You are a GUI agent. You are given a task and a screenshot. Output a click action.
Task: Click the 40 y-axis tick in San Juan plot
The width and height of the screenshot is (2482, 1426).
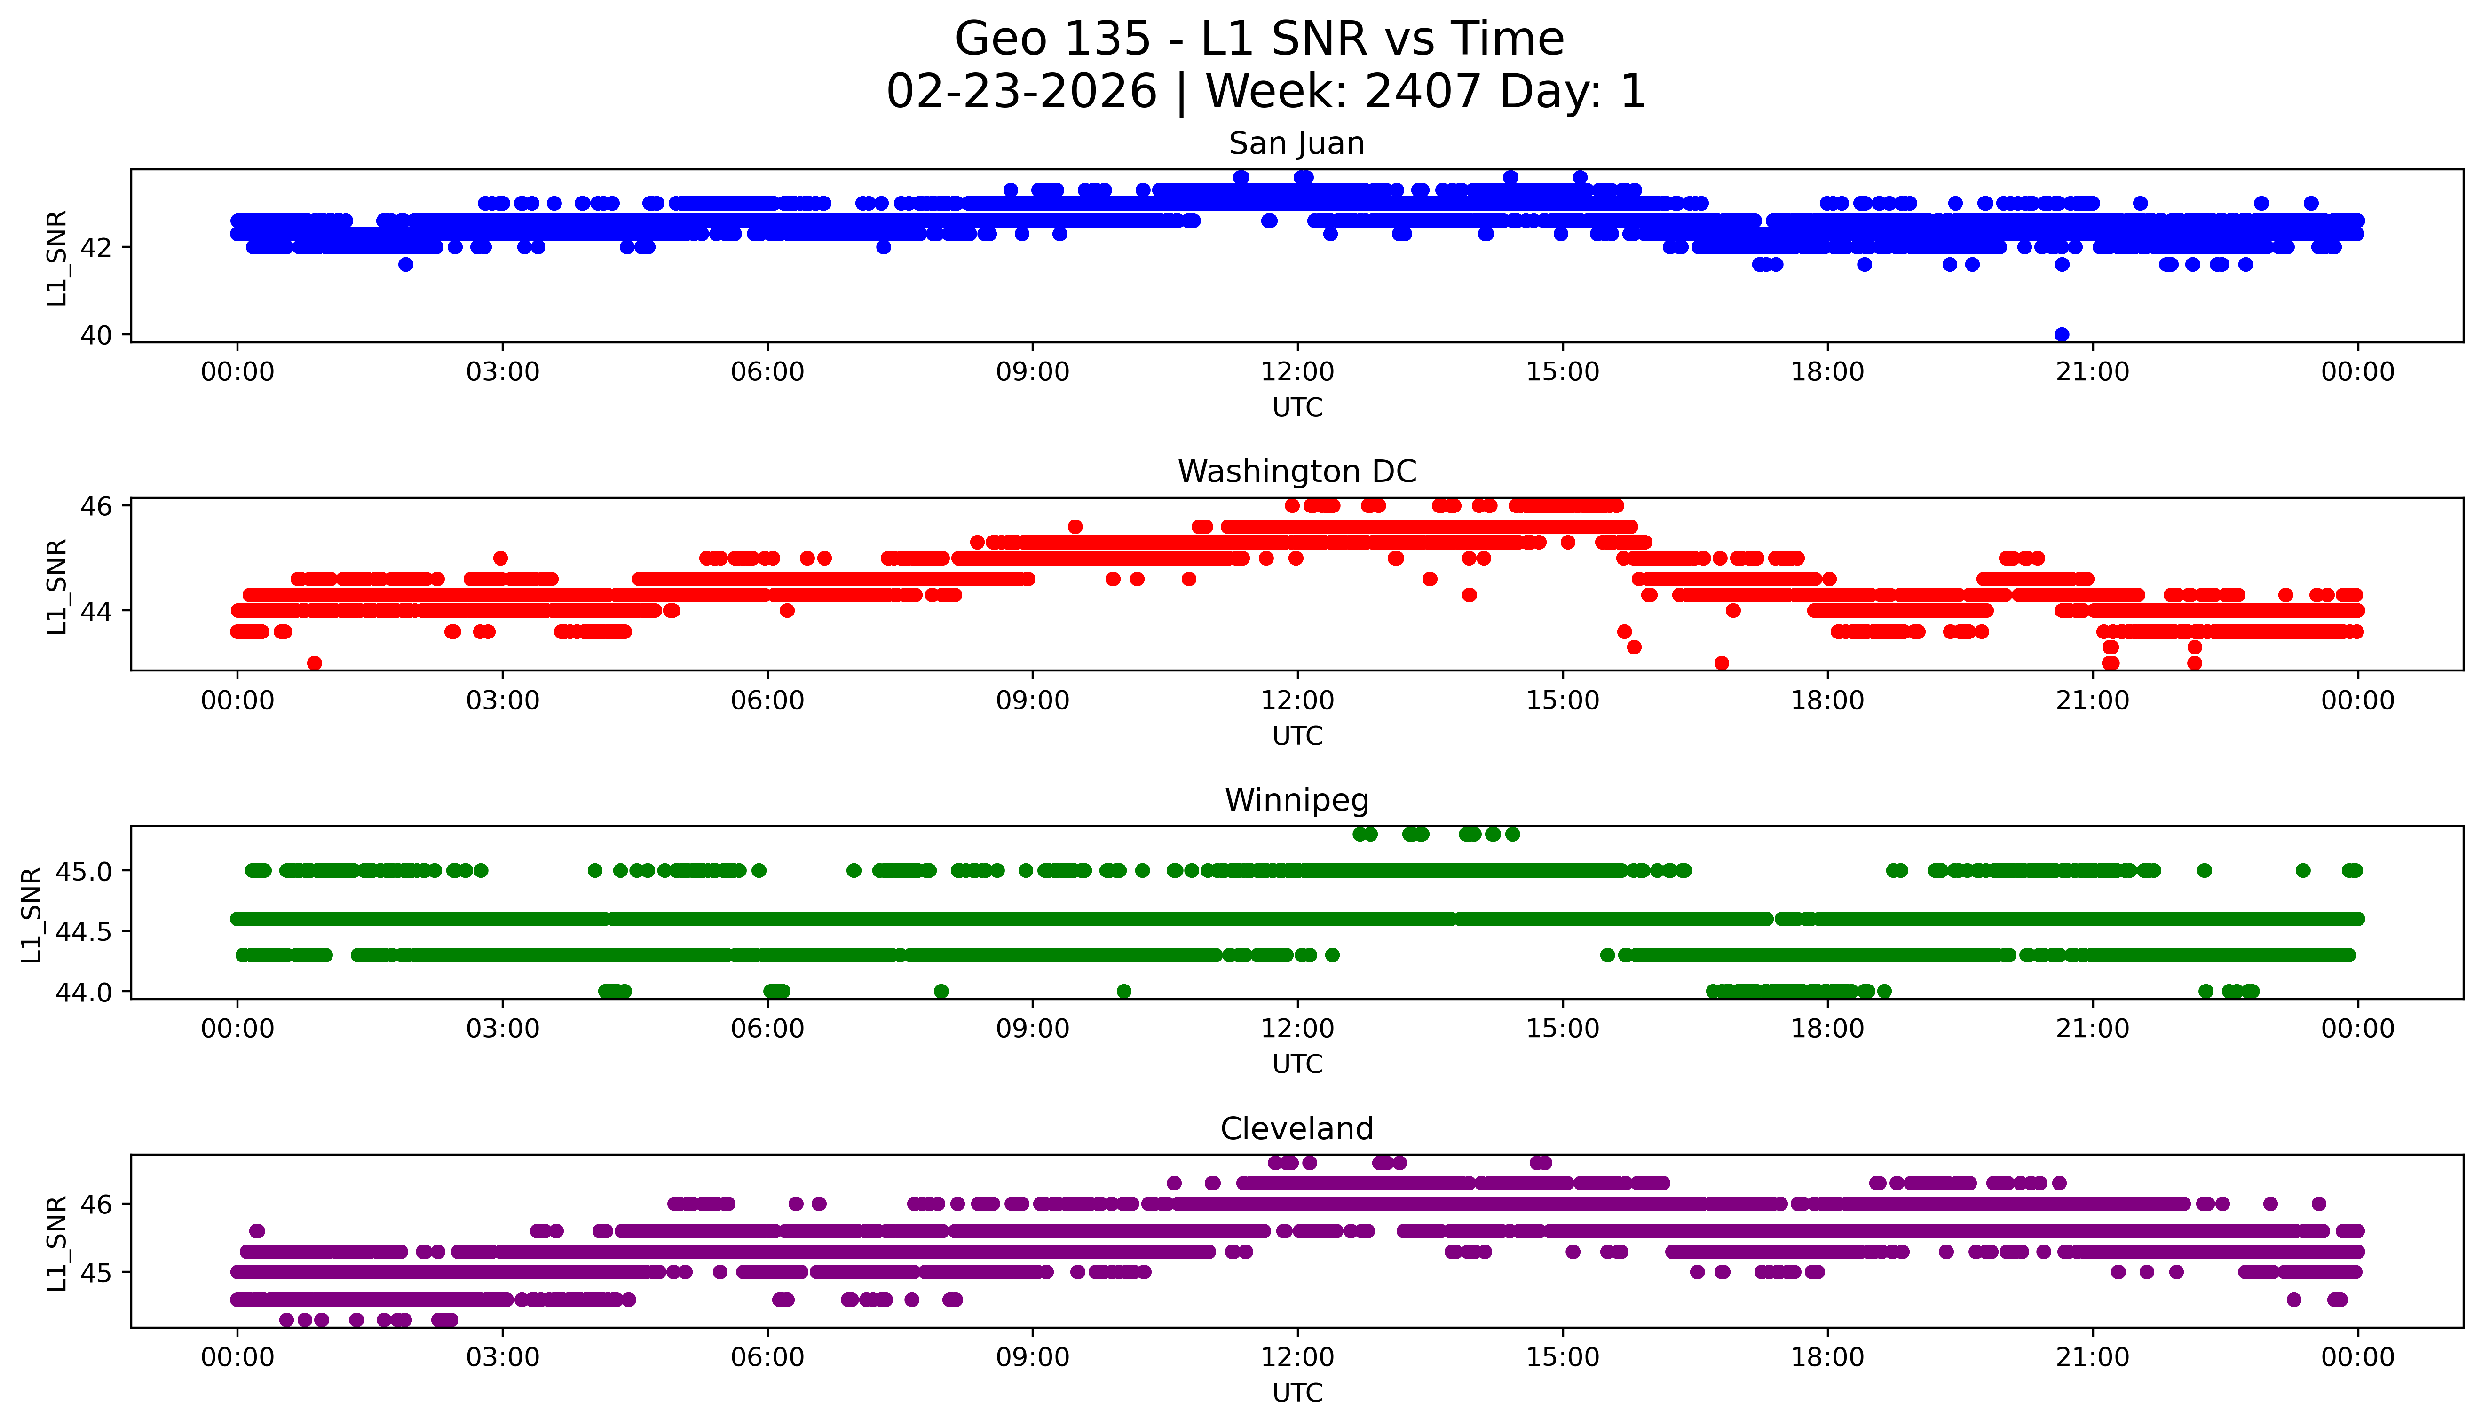point(96,335)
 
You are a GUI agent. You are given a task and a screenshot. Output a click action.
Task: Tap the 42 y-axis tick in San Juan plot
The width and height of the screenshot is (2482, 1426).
point(96,248)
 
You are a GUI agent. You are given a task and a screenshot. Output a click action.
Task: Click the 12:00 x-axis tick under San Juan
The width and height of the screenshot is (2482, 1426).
point(1297,372)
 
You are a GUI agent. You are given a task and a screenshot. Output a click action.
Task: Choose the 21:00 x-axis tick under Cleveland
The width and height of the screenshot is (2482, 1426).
point(2092,1357)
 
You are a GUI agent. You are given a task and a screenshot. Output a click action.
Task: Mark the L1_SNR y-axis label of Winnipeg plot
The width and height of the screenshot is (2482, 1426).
point(32,914)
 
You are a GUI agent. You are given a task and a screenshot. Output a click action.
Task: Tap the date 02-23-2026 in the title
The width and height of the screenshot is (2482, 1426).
point(1021,92)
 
